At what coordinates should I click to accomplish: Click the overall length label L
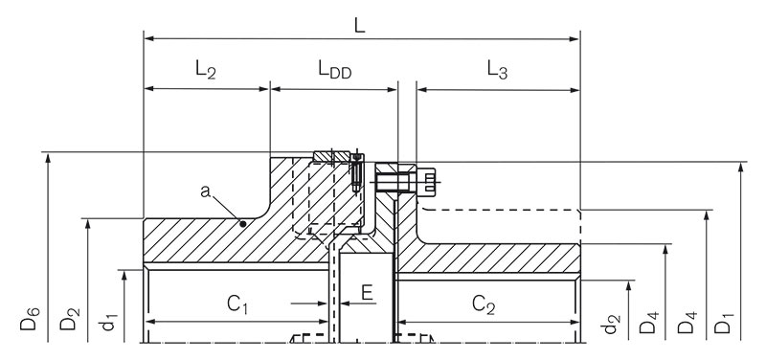pos(360,26)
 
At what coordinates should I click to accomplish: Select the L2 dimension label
pos(205,70)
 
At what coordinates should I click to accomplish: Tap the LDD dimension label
pos(334,70)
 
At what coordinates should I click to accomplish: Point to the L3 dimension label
pos(497,70)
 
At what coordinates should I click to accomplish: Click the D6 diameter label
pos(29,319)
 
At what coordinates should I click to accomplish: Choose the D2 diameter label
pos(68,319)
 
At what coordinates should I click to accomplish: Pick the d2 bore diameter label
pos(612,325)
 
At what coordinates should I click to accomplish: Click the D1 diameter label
pos(723,323)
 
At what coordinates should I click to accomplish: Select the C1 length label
pos(237,305)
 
